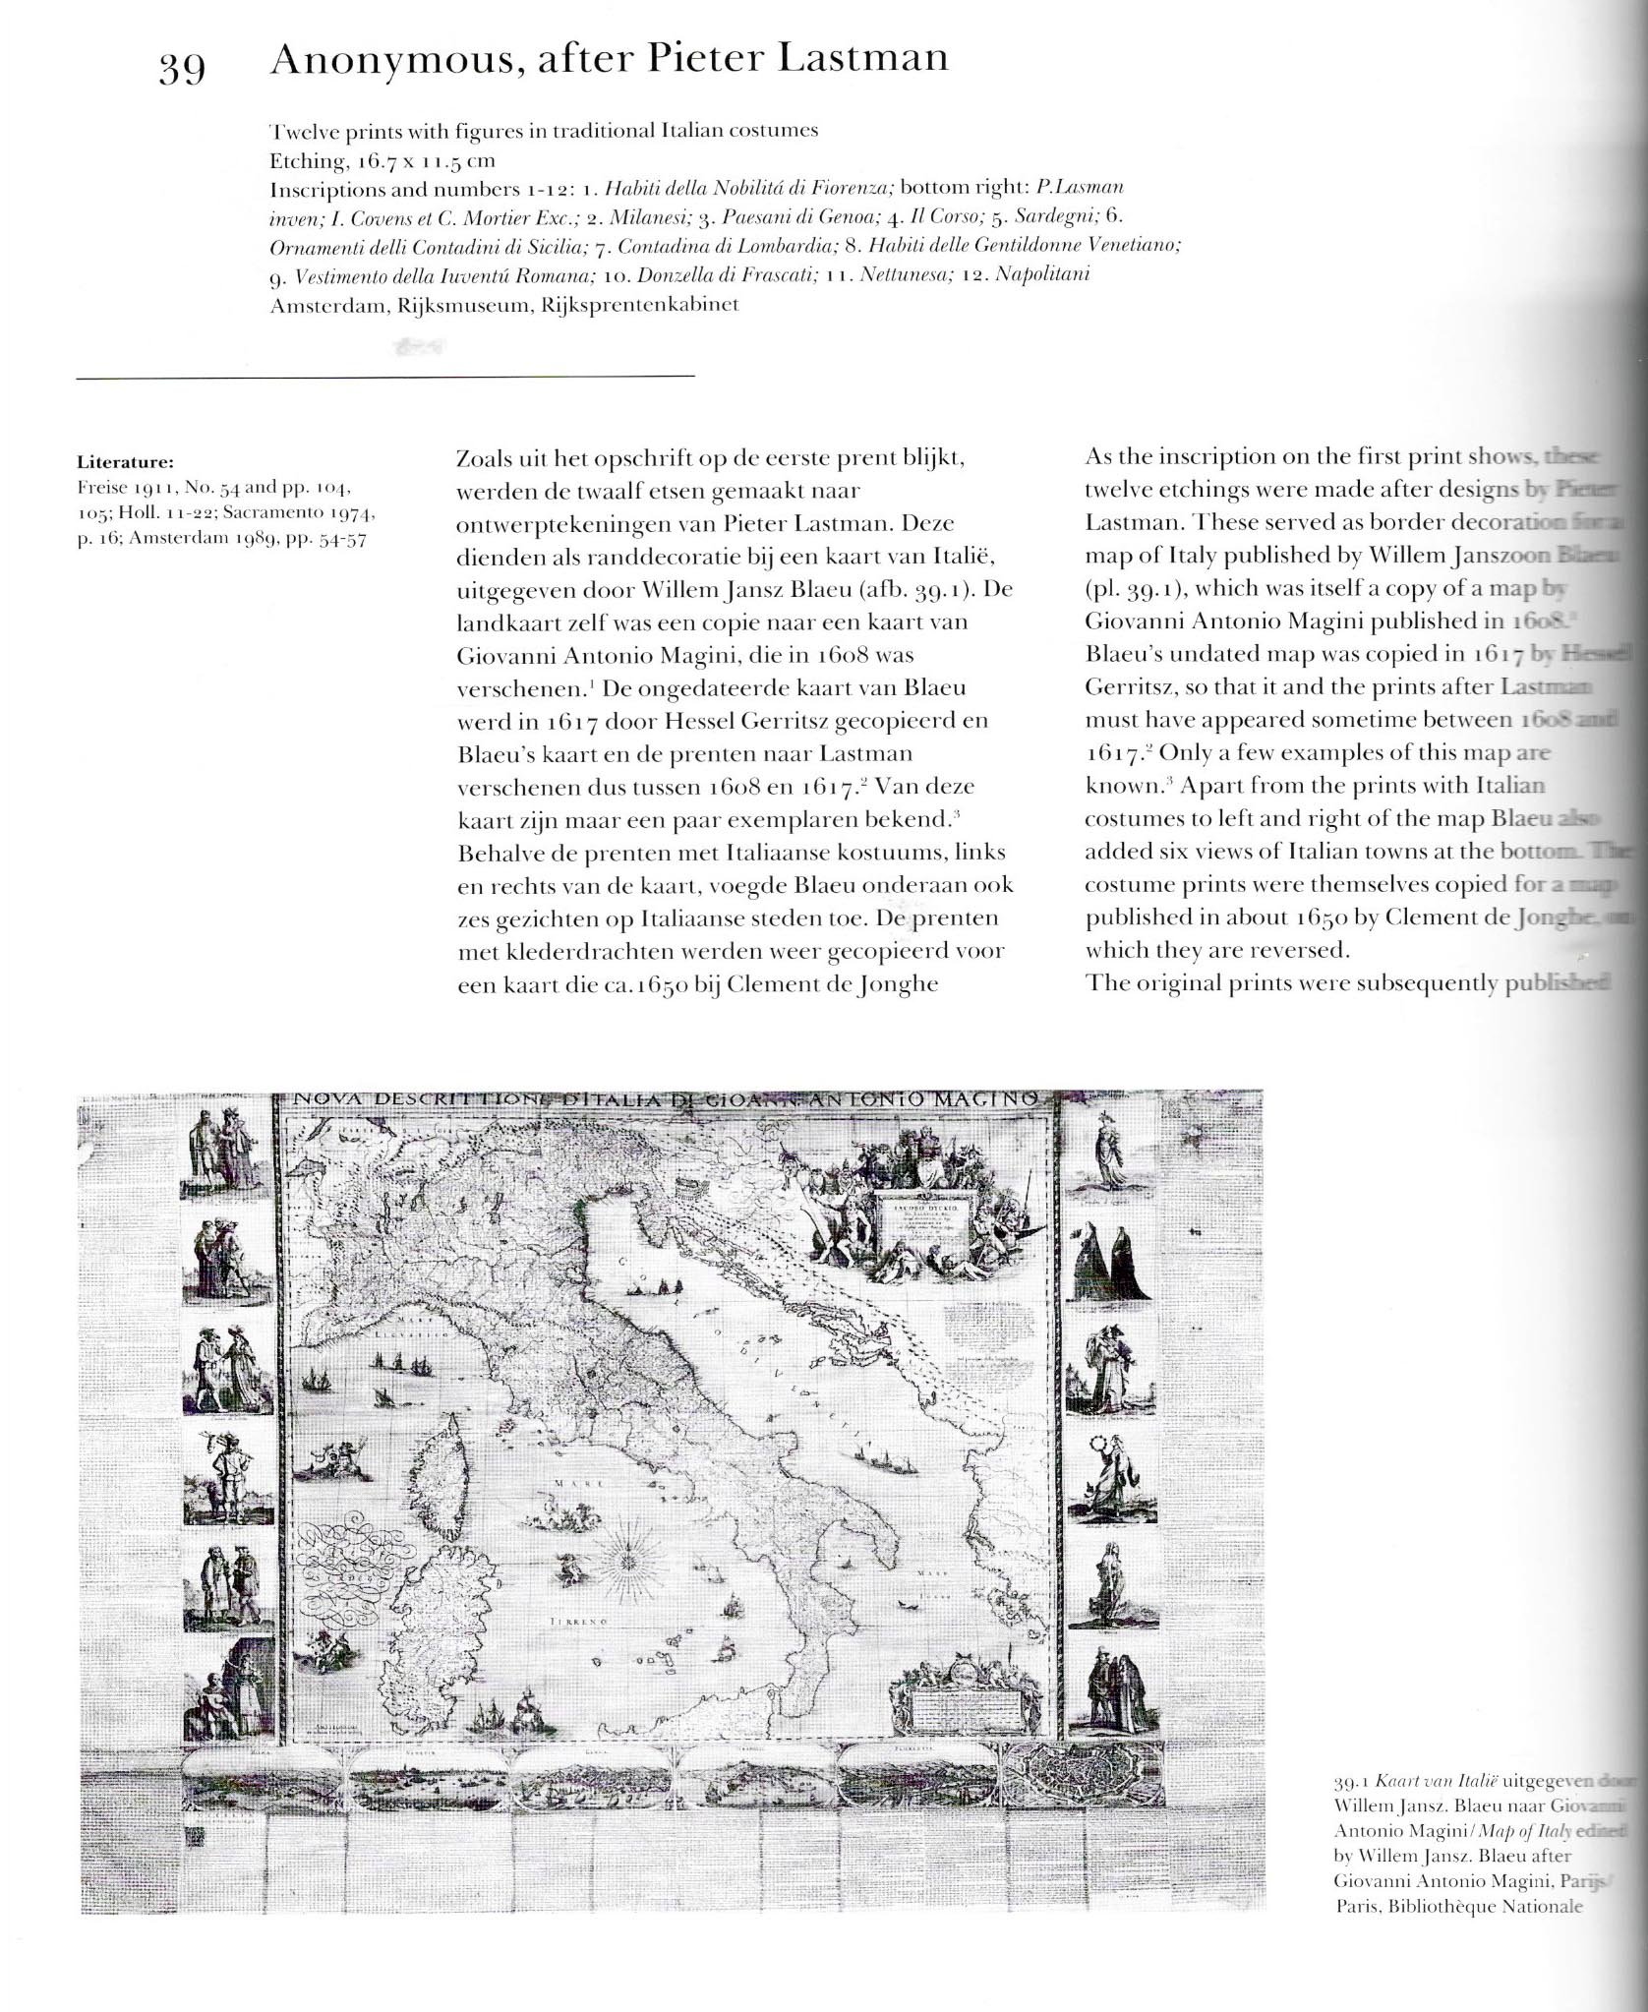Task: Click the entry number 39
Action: (x=182, y=68)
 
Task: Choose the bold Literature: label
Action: (x=125, y=461)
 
